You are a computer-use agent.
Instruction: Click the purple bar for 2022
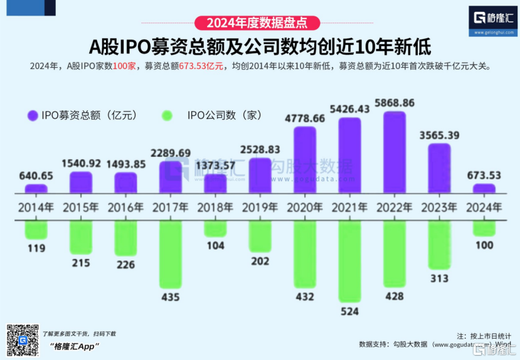(x=394, y=152)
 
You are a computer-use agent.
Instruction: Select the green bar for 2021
(x=349, y=260)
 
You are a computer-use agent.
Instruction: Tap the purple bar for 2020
(x=305, y=160)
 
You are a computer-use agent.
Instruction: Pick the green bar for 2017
(x=170, y=253)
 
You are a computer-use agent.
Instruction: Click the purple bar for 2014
(x=36, y=188)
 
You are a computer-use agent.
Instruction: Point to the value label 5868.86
(x=394, y=103)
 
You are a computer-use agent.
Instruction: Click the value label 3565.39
(x=439, y=135)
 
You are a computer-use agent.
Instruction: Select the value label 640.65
(x=36, y=176)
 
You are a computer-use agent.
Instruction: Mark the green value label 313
(x=439, y=278)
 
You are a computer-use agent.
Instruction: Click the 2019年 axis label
(x=260, y=207)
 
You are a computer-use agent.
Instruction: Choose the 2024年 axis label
(x=484, y=207)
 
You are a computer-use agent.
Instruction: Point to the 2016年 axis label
(x=125, y=207)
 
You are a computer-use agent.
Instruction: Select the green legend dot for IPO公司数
(x=167, y=115)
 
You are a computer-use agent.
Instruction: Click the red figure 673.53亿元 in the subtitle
(x=201, y=66)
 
